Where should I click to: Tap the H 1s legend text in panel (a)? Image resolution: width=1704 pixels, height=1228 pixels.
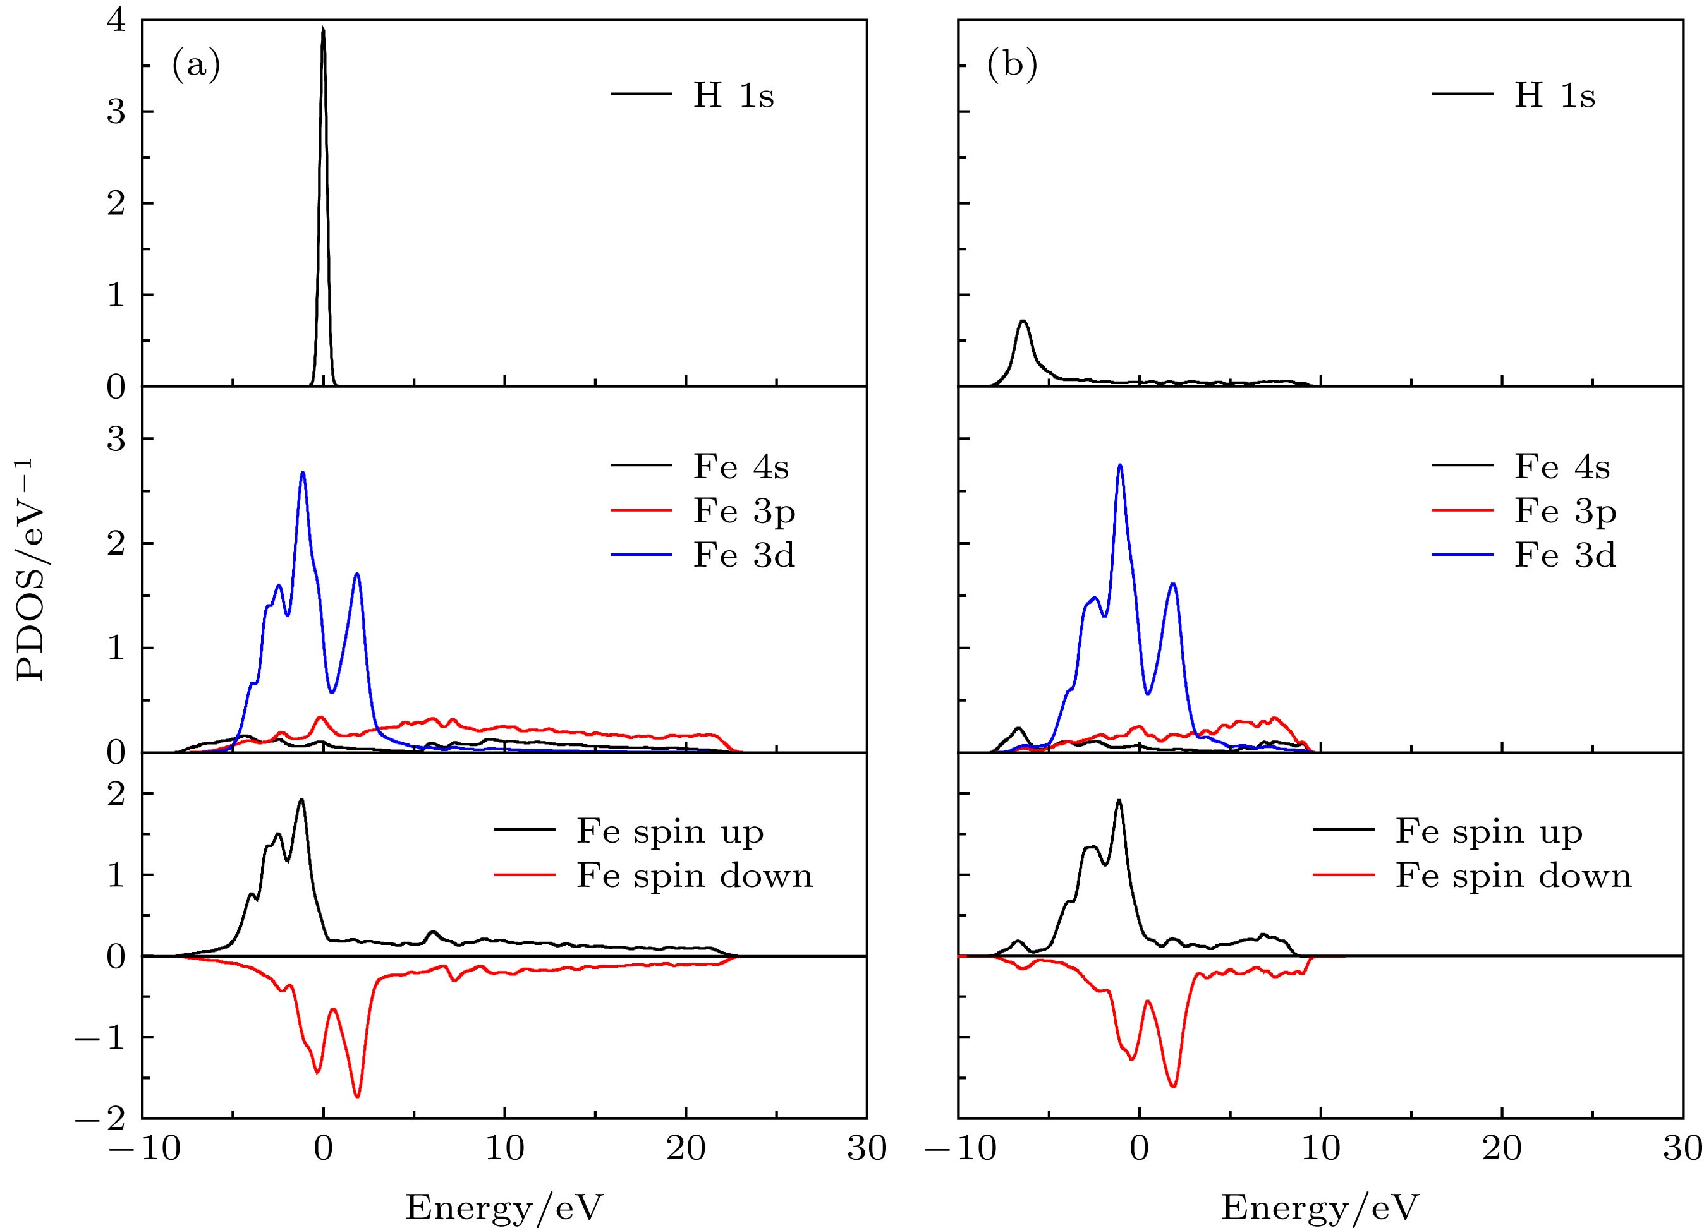pyautogui.click(x=733, y=95)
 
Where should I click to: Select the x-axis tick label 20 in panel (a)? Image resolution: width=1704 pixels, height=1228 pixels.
pyautogui.click(x=686, y=1149)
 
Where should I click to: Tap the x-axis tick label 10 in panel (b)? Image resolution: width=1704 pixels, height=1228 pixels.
pyautogui.click(x=1321, y=1149)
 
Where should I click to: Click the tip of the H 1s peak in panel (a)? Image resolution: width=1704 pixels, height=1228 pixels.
pyautogui.click(x=323, y=28)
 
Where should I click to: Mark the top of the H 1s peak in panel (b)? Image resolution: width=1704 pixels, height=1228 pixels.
pyautogui.click(x=1023, y=322)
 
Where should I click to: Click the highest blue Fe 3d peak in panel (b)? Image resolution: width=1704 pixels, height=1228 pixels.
pyautogui.click(x=1120, y=465)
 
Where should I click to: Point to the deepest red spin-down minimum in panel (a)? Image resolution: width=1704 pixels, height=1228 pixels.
pyautogui.click(x=357, y=1097)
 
